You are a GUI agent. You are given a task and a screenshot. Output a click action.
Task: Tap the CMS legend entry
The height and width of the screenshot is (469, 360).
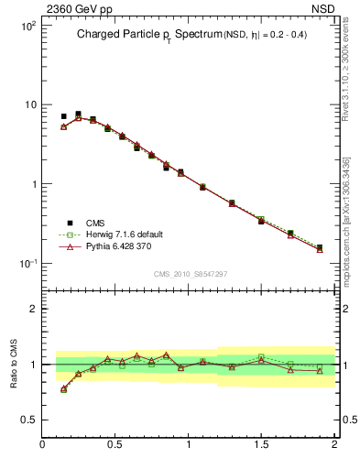(95, 223)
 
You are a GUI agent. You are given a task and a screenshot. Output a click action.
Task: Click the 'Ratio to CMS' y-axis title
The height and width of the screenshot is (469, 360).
(15, 363)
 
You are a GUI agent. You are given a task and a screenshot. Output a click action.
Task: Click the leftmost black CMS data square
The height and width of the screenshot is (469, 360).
(63, 116)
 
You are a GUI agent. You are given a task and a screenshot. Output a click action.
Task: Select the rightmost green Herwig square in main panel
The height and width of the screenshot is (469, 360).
(320, 247)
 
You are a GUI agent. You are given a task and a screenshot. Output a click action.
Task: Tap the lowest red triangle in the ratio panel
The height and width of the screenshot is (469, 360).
(63, 389)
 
